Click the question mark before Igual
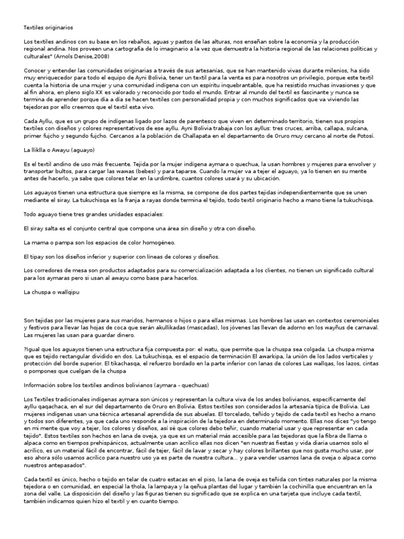tap(25, 348)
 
